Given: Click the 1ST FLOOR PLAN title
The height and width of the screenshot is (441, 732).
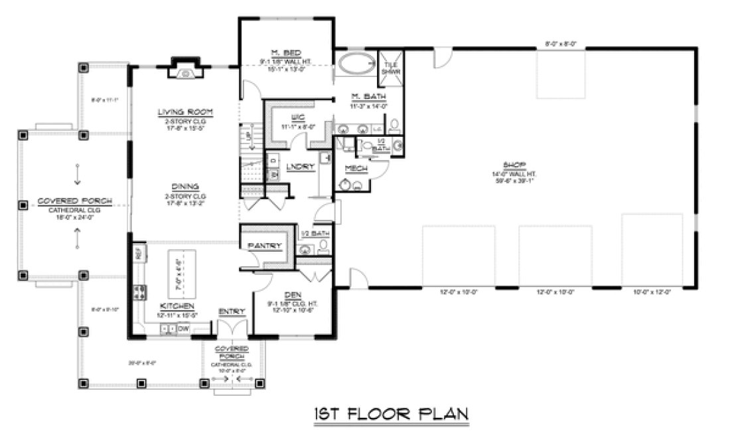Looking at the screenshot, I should (390, 413).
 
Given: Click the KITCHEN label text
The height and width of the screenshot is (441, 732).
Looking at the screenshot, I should (176, 306).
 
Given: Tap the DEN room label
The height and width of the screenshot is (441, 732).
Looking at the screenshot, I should (293, 295).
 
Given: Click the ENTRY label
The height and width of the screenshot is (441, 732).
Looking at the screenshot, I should (232, 311).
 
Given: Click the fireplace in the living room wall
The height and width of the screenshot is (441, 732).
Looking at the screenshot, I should (183, 67).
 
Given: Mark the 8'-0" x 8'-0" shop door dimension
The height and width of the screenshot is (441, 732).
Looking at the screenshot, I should (561, 44).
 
